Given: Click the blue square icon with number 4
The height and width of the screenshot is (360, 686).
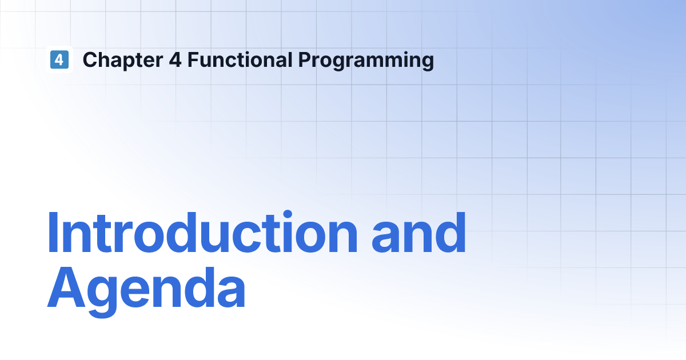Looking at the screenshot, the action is [x=59, y=59].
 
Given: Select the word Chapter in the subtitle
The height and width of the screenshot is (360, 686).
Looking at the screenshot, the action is [x=123, y=60].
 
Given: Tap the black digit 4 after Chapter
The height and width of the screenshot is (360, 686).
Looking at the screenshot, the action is [x=175, y=59].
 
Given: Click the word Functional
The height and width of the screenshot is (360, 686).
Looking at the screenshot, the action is [x=240, y=59].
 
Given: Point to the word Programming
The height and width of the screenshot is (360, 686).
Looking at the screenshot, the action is [x=366, y=61].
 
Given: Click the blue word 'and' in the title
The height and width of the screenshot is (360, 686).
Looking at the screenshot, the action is [x=418, y=232].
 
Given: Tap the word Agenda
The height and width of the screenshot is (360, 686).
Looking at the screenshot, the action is [x=146, y=290].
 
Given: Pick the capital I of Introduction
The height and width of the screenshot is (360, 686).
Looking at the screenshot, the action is [x=53, y=233].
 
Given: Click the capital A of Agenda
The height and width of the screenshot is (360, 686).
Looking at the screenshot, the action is [x=66, y=287].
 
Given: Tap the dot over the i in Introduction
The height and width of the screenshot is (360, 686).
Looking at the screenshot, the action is [x=288, y=214].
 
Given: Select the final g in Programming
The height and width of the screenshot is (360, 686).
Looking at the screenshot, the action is [x=426, y=62].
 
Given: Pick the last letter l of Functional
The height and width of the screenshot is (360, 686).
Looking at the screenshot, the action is [x=290, y=59].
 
